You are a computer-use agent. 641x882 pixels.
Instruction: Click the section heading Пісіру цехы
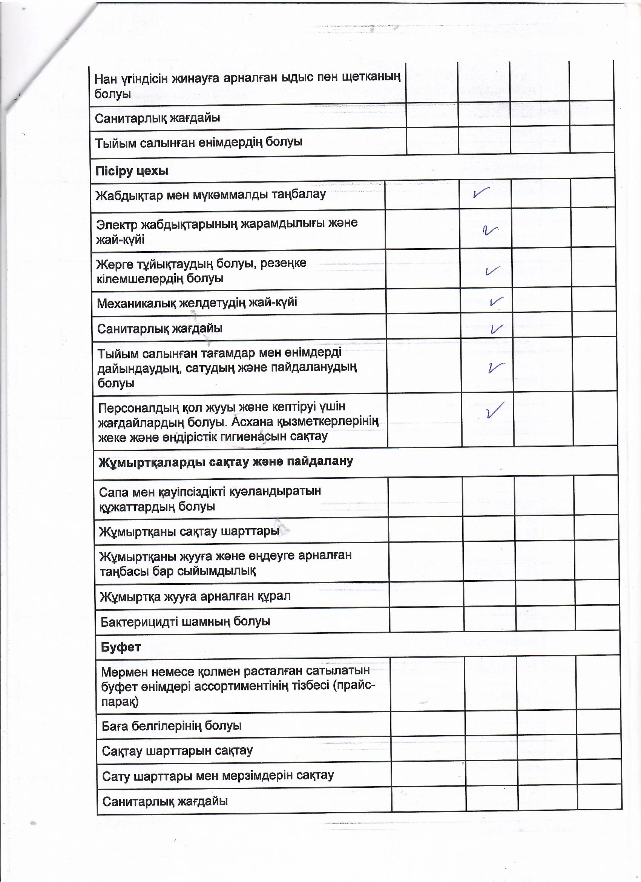[132, 171]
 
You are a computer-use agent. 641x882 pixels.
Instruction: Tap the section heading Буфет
[121, 647]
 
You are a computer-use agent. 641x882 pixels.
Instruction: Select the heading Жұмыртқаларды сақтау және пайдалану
[225, 462]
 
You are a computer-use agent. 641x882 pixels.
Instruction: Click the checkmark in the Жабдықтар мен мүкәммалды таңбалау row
[481, 193]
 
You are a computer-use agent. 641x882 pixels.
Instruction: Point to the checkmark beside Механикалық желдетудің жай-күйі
[496, 301]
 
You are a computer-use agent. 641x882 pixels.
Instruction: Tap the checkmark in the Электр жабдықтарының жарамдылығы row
[489, 230]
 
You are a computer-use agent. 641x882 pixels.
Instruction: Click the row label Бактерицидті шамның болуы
[185, 621]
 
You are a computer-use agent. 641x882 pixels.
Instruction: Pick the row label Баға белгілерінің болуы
[172, 726]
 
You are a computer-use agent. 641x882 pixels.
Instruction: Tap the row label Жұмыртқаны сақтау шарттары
[189, 531]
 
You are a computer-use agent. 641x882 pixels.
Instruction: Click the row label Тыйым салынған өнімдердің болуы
[199, 142]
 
